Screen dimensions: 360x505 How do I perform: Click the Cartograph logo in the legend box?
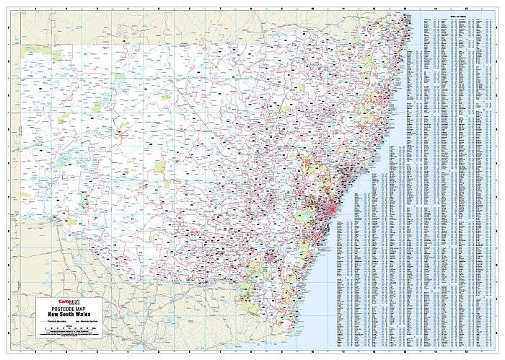[x=59, y=302]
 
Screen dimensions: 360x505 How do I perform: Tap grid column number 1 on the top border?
[x=36, y=6]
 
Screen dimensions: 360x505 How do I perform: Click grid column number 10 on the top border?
[x=312, y=6]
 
